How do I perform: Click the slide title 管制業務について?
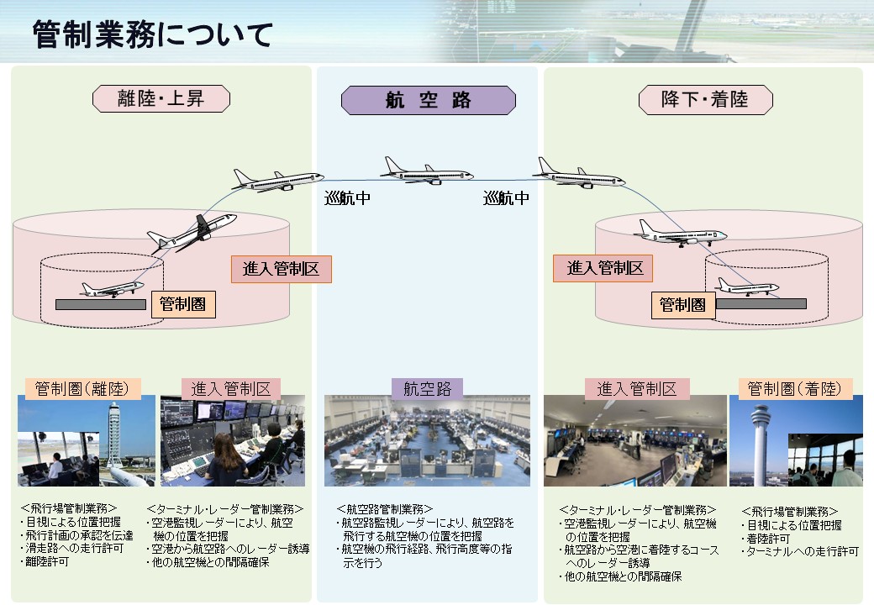153,35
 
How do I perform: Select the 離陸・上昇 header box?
161,99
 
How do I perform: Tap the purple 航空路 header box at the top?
428,101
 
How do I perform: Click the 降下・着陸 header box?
705,101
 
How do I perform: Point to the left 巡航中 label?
347,199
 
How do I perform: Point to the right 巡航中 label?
506,199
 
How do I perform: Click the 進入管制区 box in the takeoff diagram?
281,269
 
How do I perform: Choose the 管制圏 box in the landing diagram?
682,305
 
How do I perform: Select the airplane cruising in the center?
426,171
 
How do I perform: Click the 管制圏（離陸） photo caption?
80,388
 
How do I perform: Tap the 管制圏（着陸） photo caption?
795,388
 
